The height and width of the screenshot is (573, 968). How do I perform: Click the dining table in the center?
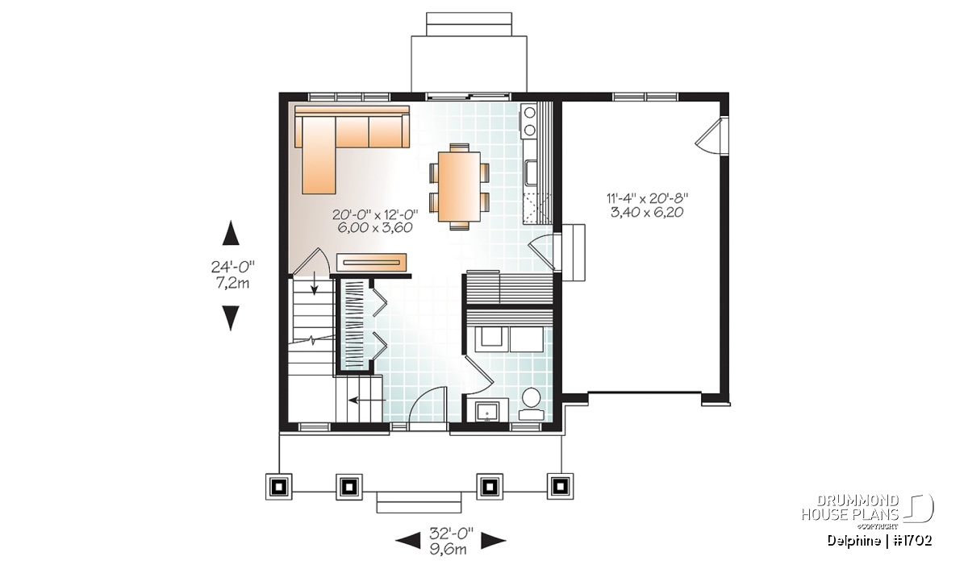click(x=459, y=186)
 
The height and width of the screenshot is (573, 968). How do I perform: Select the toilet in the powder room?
click(x=531, y=404)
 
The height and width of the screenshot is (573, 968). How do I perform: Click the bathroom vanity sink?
click(x=487, y=412)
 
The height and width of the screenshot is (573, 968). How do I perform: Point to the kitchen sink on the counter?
click(x=530, y=172)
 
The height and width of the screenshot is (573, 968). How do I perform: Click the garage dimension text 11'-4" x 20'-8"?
click(x=647, y=198)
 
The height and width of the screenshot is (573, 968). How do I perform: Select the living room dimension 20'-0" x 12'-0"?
click(x=375, y=214)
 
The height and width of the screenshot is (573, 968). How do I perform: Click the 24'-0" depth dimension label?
click(x=232, y=268)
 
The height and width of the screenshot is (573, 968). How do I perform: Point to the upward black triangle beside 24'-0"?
click(x=231, y=233)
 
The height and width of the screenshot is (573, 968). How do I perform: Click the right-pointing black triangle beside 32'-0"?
click(x=494, y=541)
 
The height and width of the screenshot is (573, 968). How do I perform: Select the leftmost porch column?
click(x=279, y=487)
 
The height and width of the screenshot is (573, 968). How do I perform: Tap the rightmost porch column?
click(x=560, y=487)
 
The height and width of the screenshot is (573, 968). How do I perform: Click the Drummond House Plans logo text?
click(x=850, y=508)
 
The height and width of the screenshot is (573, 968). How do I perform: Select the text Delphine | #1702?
click(x=879, y=541)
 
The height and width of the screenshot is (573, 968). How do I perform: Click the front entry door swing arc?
click(x=420, y=397)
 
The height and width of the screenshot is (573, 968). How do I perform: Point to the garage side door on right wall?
click(x=711, y=135)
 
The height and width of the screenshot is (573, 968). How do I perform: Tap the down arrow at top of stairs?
click(x=314, y=285)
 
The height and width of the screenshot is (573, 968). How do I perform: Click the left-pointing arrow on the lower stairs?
click(x=367, y=401)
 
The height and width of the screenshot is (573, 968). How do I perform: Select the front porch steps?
click(x=419, y=502)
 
